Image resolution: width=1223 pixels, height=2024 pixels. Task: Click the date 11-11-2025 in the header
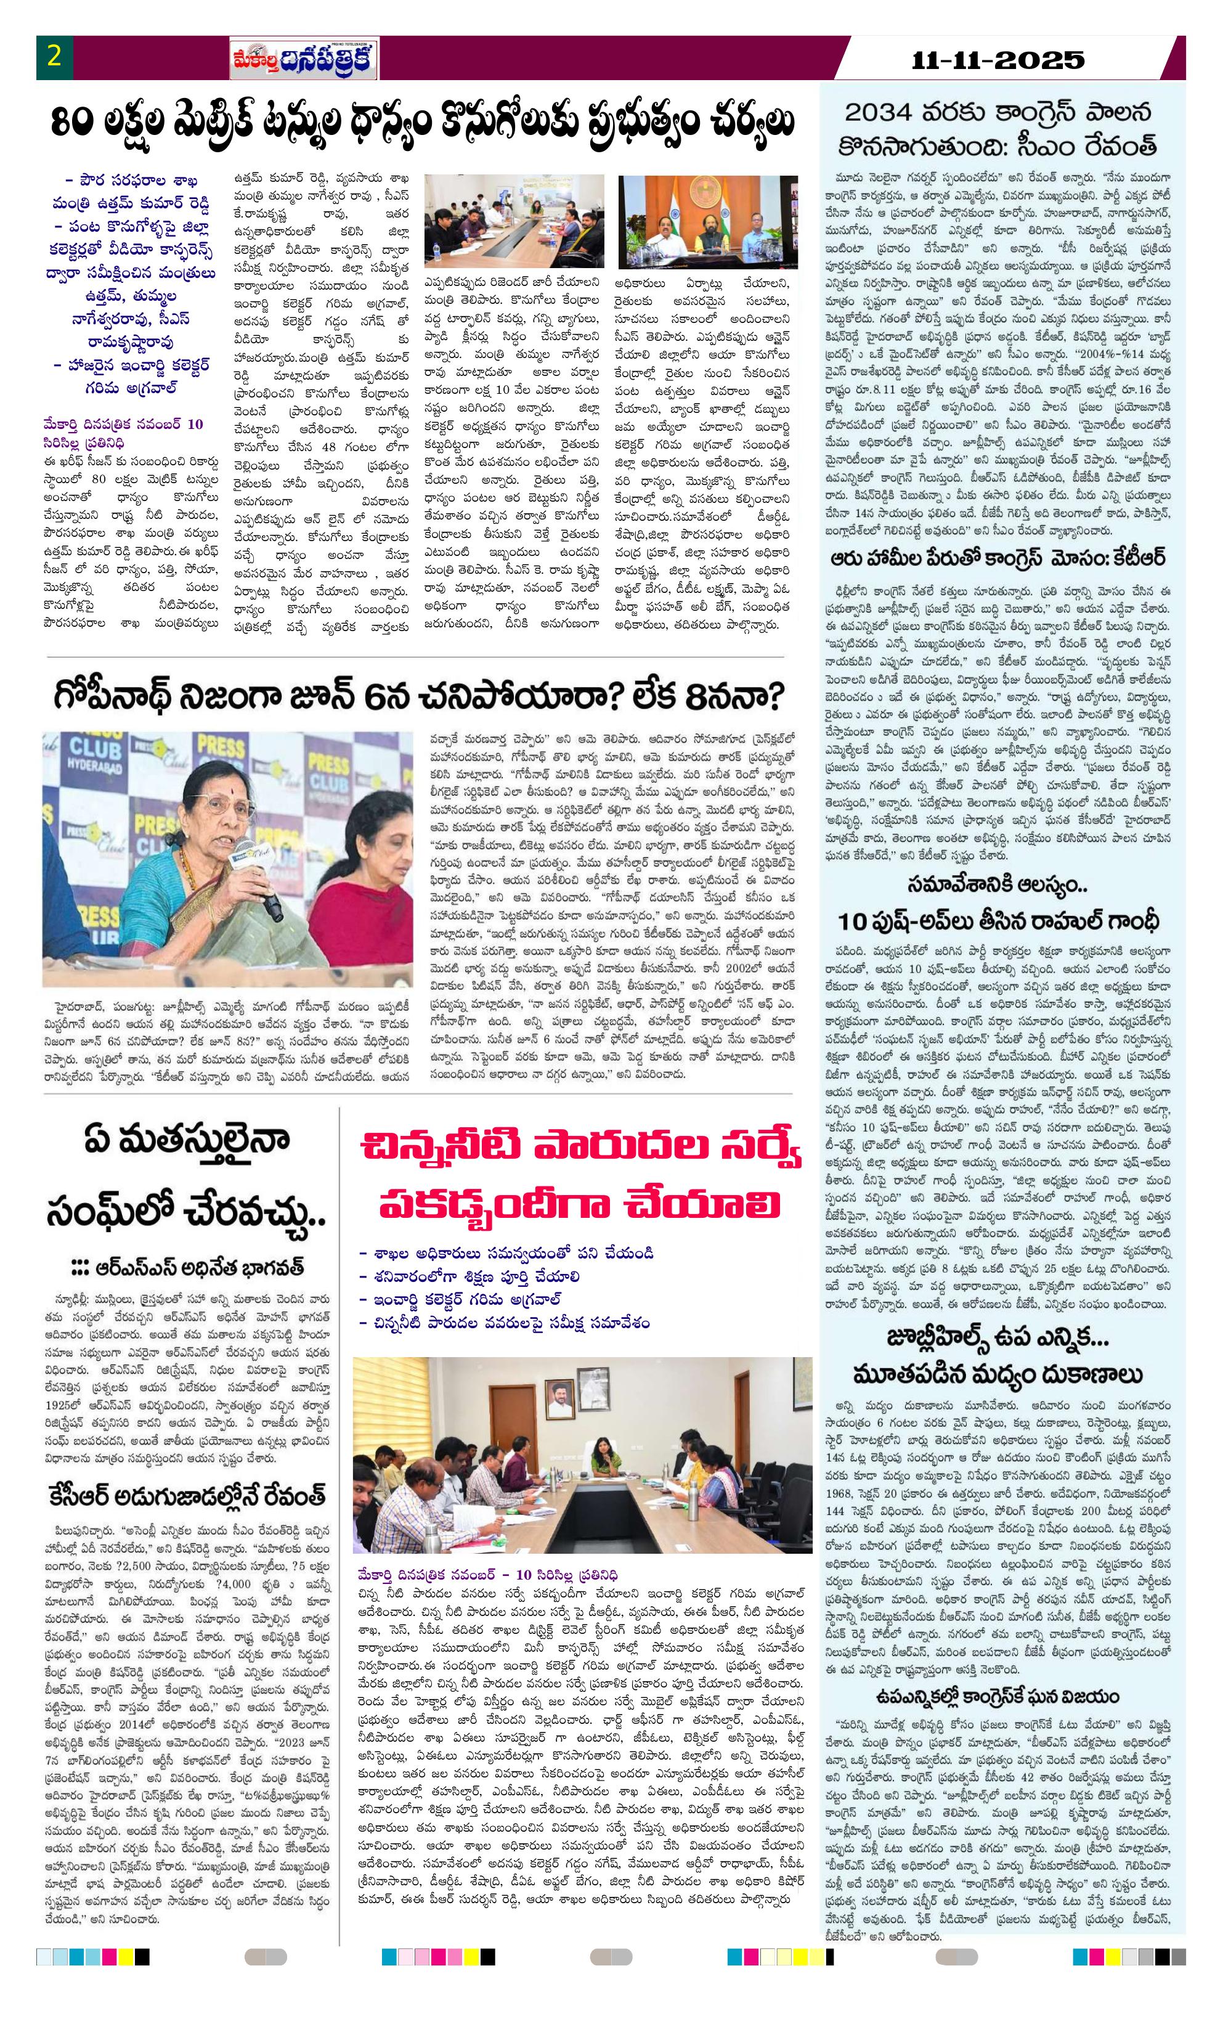click(999, 60)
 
